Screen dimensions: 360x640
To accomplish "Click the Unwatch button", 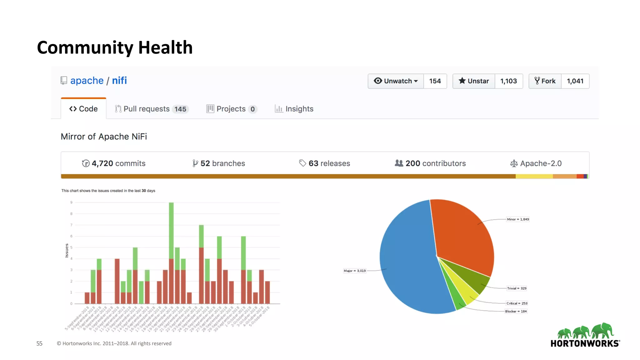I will [x=396, y=81].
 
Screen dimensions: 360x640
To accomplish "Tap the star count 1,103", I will [x=508, y=81].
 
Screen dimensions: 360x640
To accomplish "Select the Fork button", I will [x=545, y=81].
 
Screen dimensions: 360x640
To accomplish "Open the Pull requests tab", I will [x=151, y=109].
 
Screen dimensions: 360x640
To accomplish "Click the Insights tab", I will [x=294, y=109].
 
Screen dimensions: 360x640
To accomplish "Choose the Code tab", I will [x=83, y=109].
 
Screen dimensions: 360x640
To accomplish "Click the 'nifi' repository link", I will [x=119, y=81].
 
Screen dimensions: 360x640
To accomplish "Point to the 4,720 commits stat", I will [x=114, y=163].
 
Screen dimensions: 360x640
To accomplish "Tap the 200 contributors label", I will [x=430, y=163].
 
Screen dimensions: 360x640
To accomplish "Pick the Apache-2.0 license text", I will [x=536, y=163].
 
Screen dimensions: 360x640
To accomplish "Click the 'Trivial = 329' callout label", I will [x=517, y=288].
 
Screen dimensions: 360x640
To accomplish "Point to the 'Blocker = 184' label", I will [x=516, y=311].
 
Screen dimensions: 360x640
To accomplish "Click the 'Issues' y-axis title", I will [x=67, y=251].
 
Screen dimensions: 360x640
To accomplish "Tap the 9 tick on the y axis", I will [x=71, y=202].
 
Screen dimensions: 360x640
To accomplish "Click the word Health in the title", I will [x=165, y=47].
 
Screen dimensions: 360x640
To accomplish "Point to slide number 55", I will [x=39, y=343].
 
